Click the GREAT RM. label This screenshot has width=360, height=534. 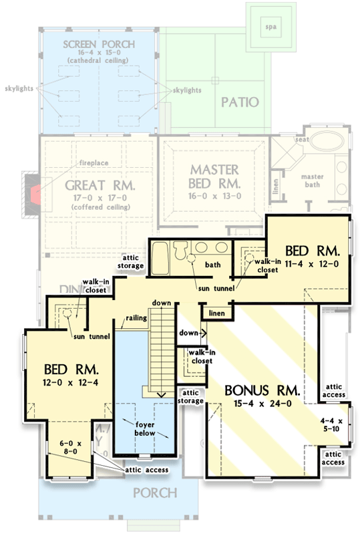tap(100, 184)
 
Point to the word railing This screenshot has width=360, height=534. tap(136, 319)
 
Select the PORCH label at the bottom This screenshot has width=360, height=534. tap(155, 493)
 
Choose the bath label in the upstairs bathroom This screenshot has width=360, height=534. tap(212, 265)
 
